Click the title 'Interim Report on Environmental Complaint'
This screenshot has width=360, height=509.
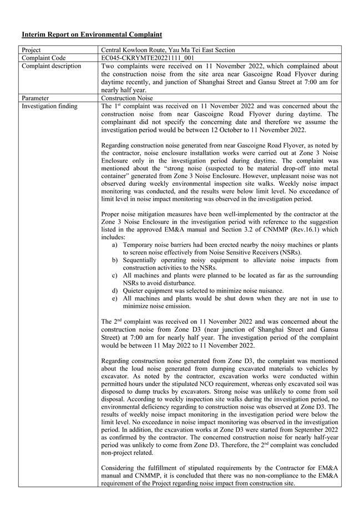coord(92,34)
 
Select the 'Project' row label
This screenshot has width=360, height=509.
coord(32,50)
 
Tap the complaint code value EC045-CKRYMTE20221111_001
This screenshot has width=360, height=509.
coord(148,58)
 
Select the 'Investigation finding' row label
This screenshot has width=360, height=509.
coord(49,106)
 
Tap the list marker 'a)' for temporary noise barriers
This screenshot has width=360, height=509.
coord(115,245)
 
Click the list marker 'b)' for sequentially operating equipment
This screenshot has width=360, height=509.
coord(115,259)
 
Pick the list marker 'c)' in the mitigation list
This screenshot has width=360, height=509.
coord(115,275)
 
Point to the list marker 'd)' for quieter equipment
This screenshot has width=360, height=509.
coord(115,291)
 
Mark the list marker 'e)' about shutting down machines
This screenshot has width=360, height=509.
coord(115,298)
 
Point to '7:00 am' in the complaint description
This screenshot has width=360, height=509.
coord(292,82)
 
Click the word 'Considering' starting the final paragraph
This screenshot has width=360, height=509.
coord(119,468)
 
